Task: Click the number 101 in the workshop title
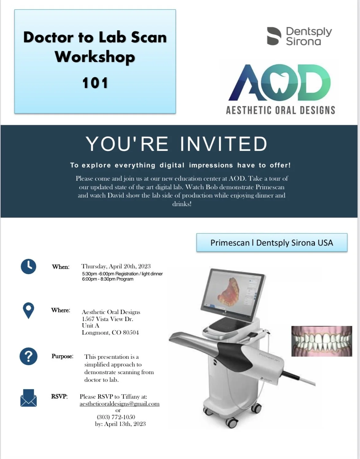coord(95,83)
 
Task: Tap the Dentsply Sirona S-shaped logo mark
coord(274,36)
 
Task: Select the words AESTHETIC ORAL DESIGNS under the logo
coord(280,110)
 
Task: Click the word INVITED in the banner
coord(223,144)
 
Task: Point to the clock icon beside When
coord(29,266)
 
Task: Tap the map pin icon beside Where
coord(29,310)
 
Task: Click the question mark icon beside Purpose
coord(29,357)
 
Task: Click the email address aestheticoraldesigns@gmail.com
coord(119,404)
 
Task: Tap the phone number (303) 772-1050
coord(116,417)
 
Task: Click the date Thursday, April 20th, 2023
coord(116,266)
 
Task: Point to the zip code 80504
coord(131,333)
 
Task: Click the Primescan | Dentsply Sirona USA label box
coord(272,243)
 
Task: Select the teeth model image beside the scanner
coord(321,341)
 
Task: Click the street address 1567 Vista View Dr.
coord(107,319)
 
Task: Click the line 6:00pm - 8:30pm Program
coord(107,279)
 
